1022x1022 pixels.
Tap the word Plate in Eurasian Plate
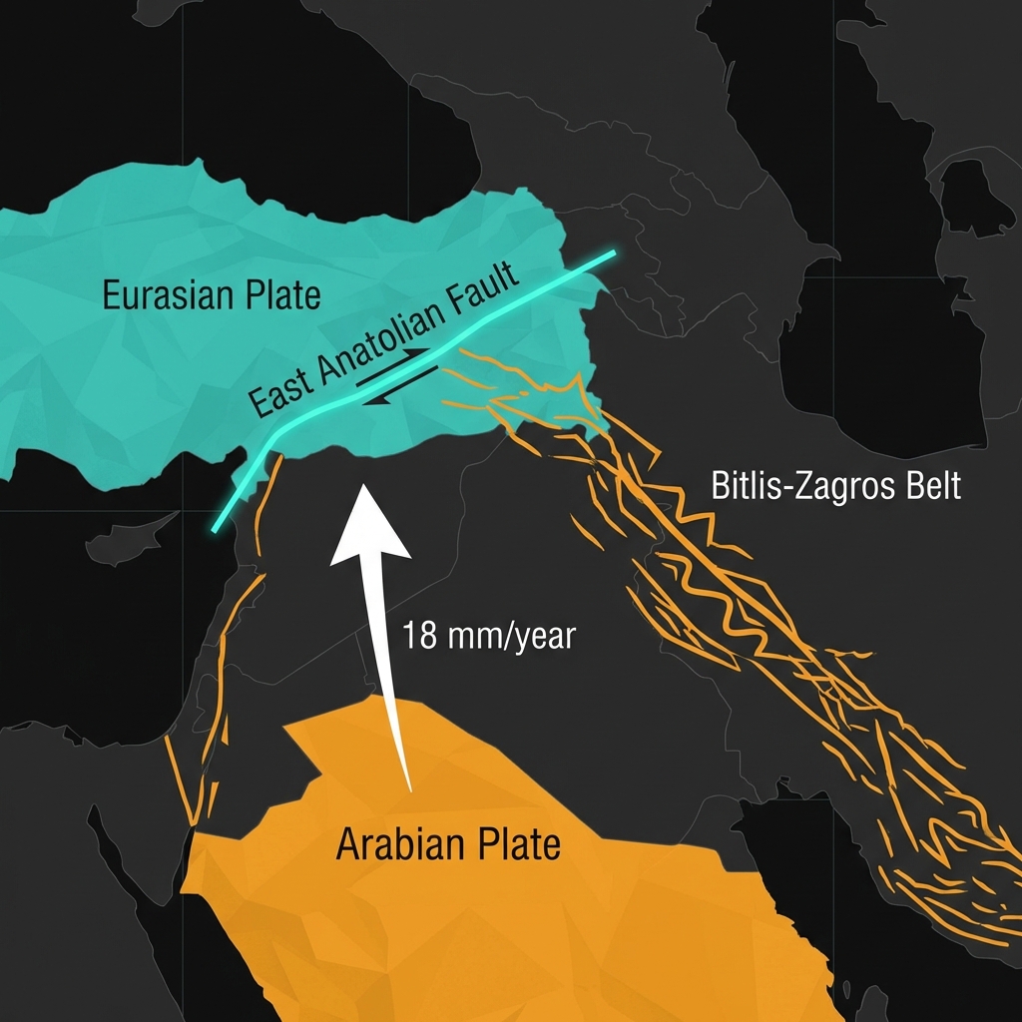(283, 296)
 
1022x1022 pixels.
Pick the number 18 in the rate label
(420, 636)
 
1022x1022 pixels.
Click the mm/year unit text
(510, 637)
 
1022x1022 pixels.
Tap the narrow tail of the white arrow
(407, 783)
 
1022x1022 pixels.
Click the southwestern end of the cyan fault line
(216, 530)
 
